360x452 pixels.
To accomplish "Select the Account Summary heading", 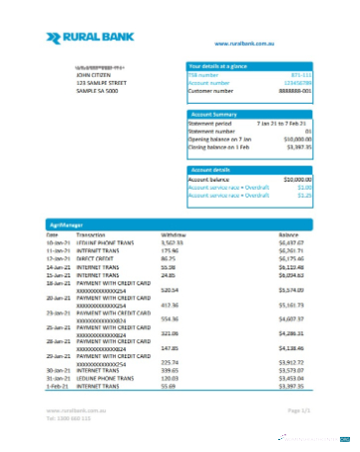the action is [x=212, y=114].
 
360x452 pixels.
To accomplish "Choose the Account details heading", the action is [x=210, y=170].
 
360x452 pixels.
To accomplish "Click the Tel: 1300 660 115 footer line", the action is [x=68, y=418].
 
